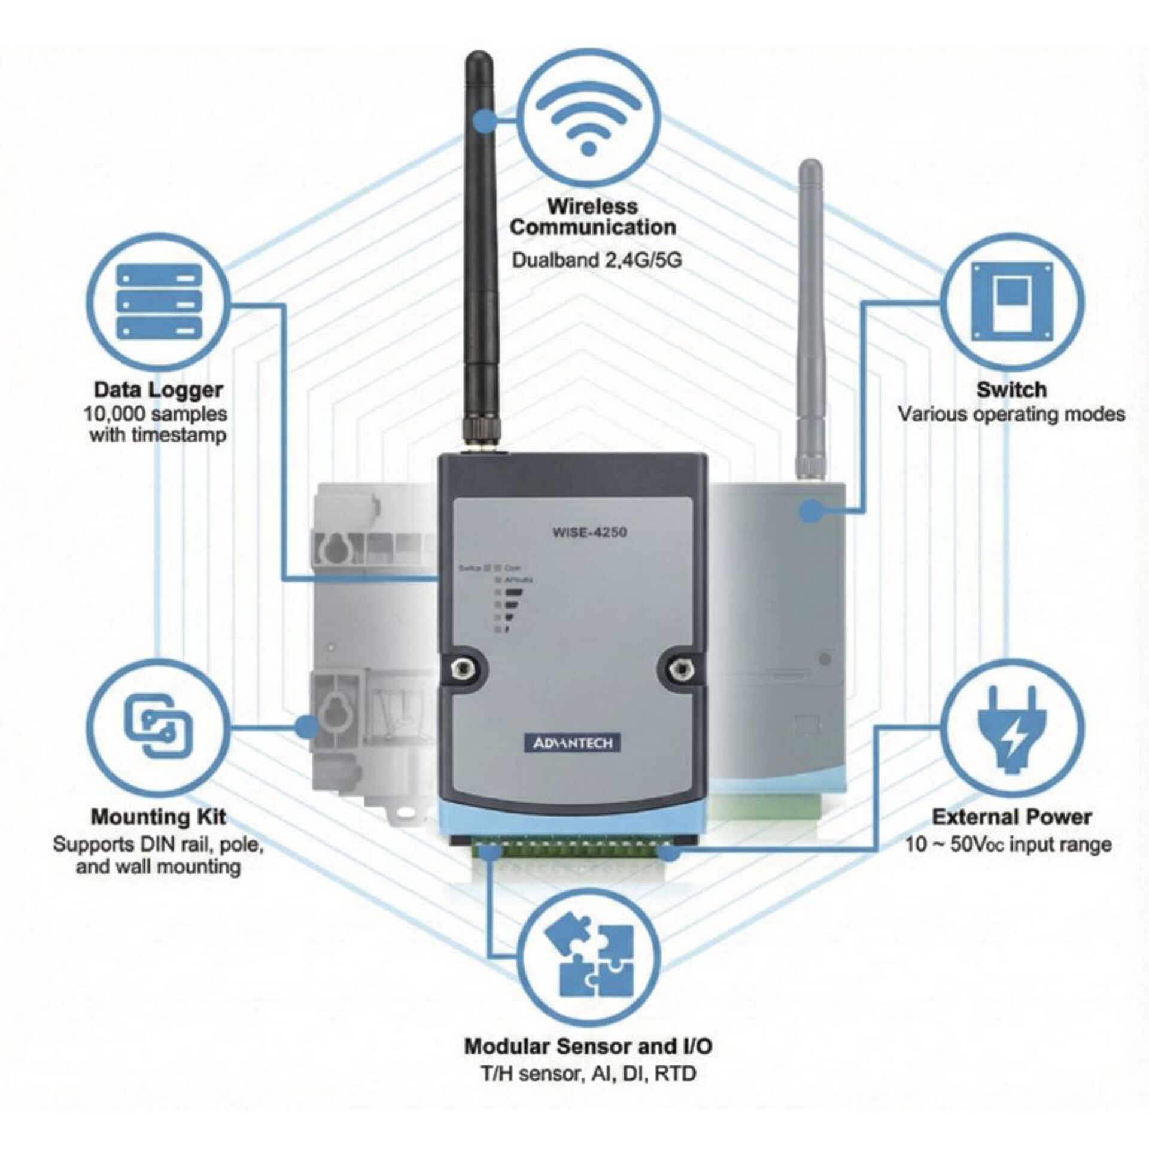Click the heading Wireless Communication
click(x=592, y=217)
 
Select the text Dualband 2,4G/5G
click(x=596, y=261)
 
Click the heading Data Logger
click(x=158, y=390)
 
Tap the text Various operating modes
click(x=1011, y=414)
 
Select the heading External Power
click(x=1011, y=817)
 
